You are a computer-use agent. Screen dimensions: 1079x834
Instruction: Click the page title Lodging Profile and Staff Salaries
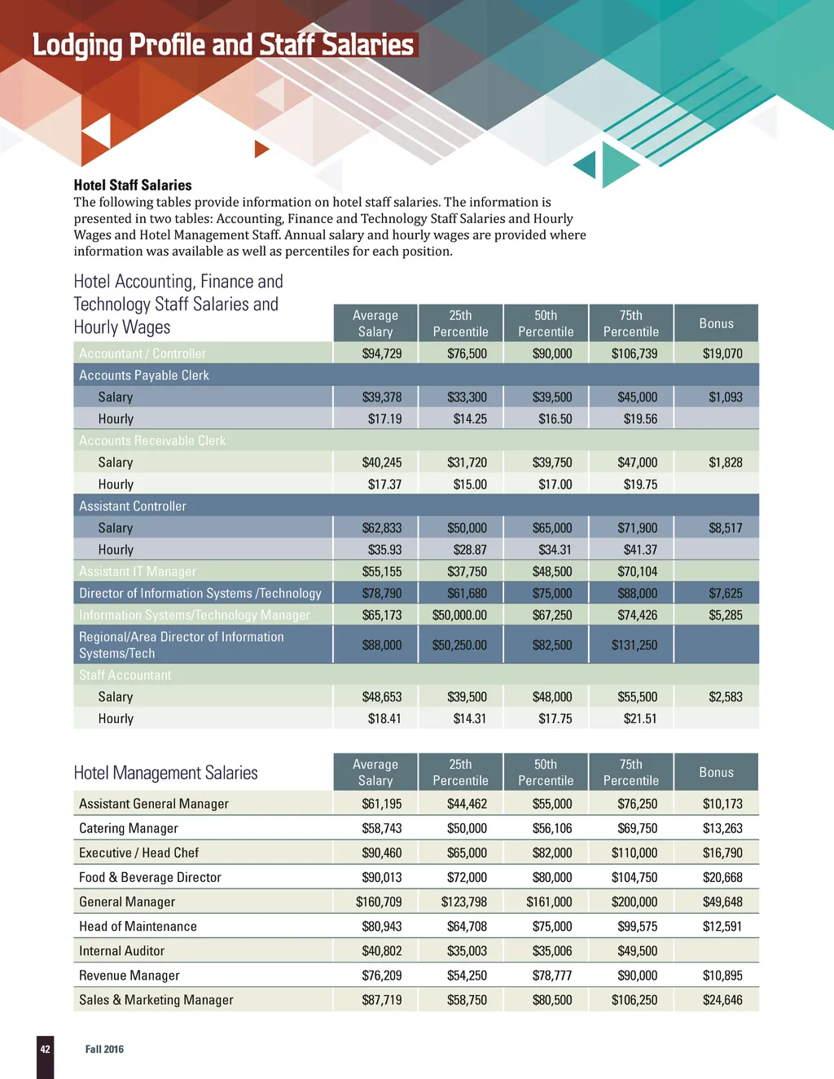[223, 45]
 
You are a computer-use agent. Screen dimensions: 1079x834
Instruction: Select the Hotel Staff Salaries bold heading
[133, 185]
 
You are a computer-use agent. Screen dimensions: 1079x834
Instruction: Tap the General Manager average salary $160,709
[379, 901]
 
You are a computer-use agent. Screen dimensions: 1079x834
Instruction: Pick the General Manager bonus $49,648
[722, 901]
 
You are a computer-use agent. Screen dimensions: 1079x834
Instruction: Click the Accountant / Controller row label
[143, 353]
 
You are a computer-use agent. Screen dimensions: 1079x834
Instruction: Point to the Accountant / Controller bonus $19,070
[722, 353]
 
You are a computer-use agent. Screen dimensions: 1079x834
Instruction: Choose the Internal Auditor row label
[121, 950]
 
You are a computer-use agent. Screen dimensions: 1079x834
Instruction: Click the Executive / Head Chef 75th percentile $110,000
[634, 853]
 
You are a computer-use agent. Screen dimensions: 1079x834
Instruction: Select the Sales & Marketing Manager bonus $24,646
[722, 999]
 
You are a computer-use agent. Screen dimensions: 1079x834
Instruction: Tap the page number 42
[46, 1049]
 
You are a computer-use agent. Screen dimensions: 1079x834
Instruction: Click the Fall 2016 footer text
[104, 1049]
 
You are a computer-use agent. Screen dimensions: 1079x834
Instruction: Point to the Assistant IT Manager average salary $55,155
[382, 572]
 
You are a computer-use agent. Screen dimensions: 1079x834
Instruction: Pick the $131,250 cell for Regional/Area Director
[634, 645]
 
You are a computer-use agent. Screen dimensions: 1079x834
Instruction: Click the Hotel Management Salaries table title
[165, 773]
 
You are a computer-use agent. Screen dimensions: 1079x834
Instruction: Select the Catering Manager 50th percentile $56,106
[552, 828]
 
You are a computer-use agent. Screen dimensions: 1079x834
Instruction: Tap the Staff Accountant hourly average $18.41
[384, 718]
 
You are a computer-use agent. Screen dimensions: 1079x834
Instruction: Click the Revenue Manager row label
[129, 975]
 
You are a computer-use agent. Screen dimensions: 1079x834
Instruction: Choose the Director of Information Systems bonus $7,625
[725, 593]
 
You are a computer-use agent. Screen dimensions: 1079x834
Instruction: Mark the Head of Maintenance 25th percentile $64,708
[467, 926]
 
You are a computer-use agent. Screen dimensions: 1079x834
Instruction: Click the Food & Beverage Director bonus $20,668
[722, 877]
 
